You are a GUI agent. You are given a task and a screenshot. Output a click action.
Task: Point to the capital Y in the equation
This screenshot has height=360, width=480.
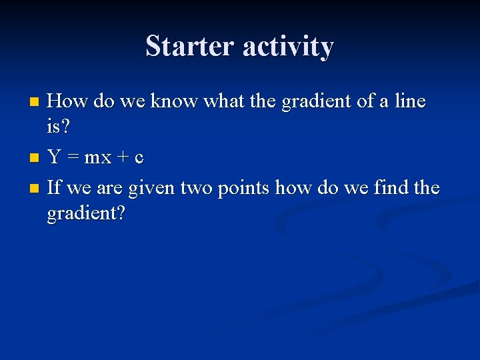[54, 158]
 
